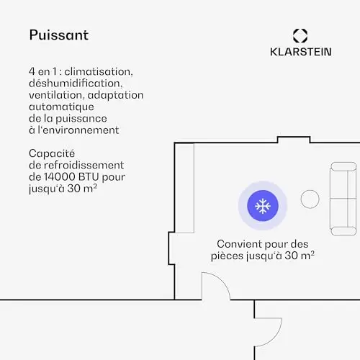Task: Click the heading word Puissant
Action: point(59,35)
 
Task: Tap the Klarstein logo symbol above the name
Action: point(300,36)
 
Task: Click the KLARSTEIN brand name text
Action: point(301,52)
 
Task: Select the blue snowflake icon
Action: point(263,206)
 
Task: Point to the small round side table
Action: point(310,199)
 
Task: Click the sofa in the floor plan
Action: point(343,199)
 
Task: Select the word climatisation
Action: point(99,71)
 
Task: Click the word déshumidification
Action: point(76,84)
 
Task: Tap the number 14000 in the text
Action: point(60,177)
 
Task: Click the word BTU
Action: point(89,177)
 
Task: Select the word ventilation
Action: point(56,95)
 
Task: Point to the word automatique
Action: point(61,107)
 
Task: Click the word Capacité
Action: point(52,153)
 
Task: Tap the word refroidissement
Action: point(84,165)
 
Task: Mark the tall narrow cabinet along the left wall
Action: point(184,188)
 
